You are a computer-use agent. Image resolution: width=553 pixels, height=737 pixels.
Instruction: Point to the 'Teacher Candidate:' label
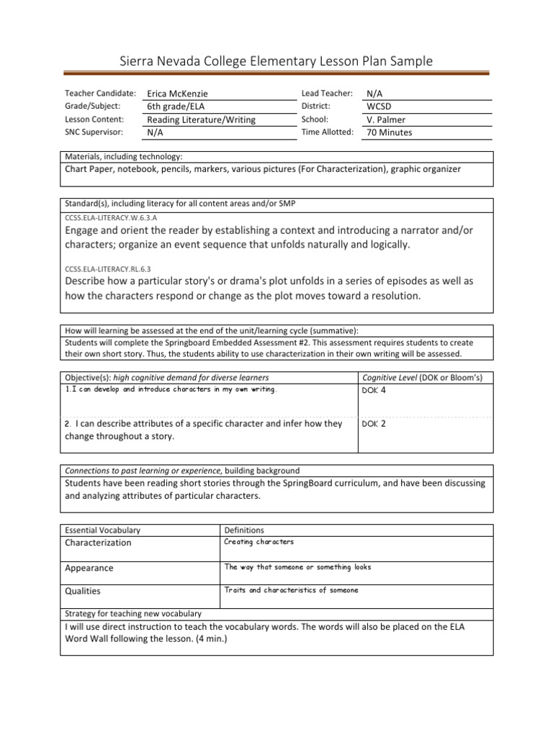coord(100,94)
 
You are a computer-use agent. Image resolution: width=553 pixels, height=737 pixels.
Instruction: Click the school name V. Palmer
coord(387,119)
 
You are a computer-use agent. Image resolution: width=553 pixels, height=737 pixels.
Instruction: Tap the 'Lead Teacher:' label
coord(327,94)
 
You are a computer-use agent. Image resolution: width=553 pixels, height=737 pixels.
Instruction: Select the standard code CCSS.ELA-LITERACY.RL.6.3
coord(104,267)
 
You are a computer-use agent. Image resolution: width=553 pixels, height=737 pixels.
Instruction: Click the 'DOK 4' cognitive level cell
coord(374,391)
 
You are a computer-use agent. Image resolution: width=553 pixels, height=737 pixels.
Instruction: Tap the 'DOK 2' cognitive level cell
coord(374,424)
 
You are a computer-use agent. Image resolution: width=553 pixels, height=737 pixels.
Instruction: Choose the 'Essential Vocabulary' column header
coord(103,530)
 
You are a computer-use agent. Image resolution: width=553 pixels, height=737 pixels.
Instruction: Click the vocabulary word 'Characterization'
coord(99,543)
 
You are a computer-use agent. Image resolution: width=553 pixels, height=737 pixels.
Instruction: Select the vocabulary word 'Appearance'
coord(89,568)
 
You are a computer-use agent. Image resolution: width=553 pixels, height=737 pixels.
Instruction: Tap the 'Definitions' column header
coord(244,530)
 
